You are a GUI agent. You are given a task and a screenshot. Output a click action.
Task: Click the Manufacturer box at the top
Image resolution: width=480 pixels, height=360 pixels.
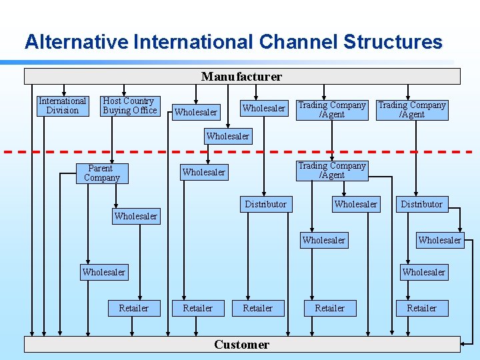[241, 77]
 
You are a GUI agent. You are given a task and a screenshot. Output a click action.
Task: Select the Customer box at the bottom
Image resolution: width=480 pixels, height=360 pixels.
[241, 345]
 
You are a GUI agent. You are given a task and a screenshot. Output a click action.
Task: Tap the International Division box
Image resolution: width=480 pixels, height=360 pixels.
[63, 106]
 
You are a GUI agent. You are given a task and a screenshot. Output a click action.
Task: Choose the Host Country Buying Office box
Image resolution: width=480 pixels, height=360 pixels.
[129, 106]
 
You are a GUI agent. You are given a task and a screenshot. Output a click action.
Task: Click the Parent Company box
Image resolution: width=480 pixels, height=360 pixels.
[101, 173]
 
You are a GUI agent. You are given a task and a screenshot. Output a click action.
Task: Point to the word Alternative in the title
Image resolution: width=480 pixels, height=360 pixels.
[77, 42]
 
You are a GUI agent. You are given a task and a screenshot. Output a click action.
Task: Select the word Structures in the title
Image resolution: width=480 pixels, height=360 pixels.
[393, 42]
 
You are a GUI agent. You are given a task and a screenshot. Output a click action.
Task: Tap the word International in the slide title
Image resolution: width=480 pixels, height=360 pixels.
[192, 42]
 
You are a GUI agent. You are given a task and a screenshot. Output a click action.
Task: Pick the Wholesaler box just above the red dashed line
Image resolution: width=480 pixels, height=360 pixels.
[227, 137]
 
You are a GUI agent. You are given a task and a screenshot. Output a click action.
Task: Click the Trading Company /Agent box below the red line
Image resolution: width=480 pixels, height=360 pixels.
[331, 171]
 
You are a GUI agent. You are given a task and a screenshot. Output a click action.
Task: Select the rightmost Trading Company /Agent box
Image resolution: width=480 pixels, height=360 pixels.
[411, 110]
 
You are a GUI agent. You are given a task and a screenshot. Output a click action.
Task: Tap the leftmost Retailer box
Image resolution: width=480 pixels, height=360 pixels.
[133, 308]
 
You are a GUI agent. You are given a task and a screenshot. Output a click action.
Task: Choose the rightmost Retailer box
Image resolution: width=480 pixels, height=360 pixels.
[421, 308]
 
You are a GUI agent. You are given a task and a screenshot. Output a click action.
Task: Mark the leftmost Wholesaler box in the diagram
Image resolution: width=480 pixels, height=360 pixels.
[103, 272]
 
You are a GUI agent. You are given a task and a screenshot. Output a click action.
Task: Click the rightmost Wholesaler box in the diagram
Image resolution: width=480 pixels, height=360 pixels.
[439, 240]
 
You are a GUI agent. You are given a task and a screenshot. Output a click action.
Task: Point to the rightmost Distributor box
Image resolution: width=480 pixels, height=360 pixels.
[421, 205]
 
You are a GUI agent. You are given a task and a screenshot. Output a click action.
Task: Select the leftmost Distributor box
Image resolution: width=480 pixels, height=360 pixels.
[265, 205]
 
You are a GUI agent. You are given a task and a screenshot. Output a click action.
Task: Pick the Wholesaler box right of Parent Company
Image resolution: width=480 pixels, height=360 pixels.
[203, 173]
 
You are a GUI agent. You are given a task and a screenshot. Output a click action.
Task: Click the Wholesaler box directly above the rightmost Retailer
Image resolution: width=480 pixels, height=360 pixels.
[423, 272]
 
